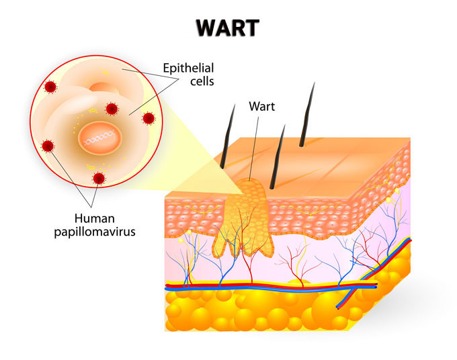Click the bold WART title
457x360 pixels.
point(228,28)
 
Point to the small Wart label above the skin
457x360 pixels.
point(261,105)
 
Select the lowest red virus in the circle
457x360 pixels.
point(99,177)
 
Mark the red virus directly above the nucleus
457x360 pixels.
point(112,107)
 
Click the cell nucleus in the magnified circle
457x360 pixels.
point(100,138)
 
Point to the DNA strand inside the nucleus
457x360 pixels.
point(99,138)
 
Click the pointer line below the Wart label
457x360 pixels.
point(254,144)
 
